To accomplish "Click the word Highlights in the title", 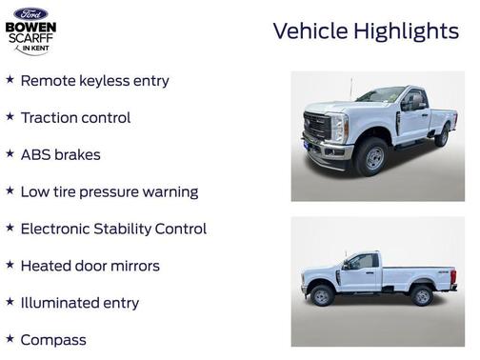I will pos(406,30).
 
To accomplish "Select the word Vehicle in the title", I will pos(307,30).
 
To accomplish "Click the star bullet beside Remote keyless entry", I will pos(10,80).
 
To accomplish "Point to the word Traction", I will pos(50,118).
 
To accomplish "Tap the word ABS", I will pos(36,154).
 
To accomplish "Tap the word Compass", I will pos(53,340).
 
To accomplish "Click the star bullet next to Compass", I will pos(10,339).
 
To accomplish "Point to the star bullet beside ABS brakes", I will pos(10,154).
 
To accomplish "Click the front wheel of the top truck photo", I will pos(373,158).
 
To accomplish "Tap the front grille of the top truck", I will pos(316,130).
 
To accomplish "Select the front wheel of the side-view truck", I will pos(323,296).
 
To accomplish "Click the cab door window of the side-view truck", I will pos(363,262).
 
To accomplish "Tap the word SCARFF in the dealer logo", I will pos(30,38).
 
